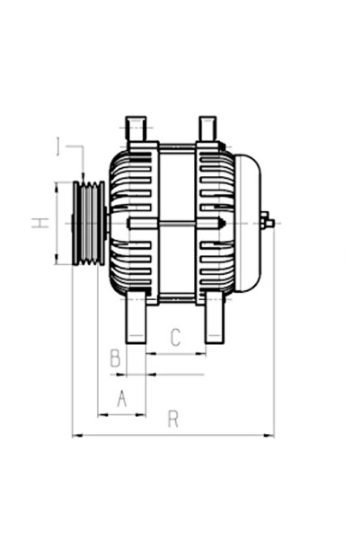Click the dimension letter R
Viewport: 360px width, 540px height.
(x=173, y=420)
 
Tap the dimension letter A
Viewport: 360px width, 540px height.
(x=121, y=398)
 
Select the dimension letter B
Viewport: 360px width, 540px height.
(x=115, y=359)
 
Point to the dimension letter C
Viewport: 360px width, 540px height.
(x=176, y=337)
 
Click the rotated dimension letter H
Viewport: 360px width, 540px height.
(x=40, y=222)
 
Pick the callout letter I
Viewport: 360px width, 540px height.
(x=58, y=146)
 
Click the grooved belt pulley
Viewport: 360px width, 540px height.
(x=88, y=222)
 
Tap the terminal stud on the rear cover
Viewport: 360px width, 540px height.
(x=267, y=221)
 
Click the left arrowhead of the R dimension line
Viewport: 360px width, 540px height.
(x=75, y=436)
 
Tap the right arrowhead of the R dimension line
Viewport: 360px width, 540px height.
(x=271, y=436)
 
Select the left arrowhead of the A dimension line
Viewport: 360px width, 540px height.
(x=100, y=415)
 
